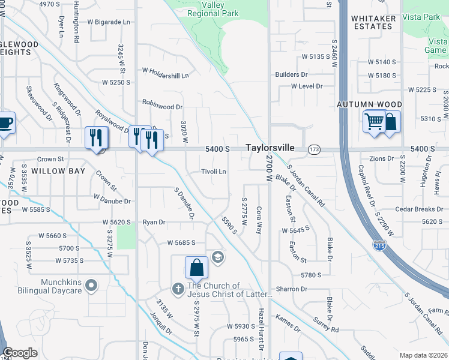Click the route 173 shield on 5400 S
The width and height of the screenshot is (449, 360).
pyautogui.click(x=314, y=149)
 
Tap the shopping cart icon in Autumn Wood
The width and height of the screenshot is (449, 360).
pyautogui.click(x=373, y=122)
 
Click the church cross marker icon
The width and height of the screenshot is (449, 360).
pyautogui.click(x=178, y=289)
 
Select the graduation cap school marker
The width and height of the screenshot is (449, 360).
pyautogui.click(x=217, y=257)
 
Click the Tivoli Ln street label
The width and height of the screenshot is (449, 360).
pyautogui.click(x=213, y=171)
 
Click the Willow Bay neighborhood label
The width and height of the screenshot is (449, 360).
pyautogui.click(x=58, y=171)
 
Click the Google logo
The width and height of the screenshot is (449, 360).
pyautogui.click(x=20, y=353)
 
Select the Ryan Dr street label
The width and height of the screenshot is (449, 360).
pyautogui.click(x=154, y=222)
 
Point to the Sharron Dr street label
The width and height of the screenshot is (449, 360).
pyautogui.click(x=292, y=289)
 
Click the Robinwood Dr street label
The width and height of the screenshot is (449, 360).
pyautogui.click(x=162, y=107)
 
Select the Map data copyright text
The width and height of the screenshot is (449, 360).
pyautogui.click(x=423, y=355)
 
